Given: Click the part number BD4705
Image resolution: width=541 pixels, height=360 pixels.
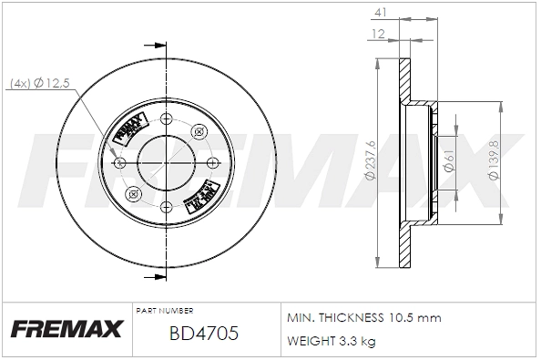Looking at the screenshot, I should [204, 334].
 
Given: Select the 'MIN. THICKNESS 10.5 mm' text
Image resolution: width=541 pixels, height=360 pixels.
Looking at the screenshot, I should [363, 317].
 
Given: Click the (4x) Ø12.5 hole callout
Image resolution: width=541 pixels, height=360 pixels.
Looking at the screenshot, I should [42, 84].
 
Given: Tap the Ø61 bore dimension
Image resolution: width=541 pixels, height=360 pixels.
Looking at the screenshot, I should [448, 162].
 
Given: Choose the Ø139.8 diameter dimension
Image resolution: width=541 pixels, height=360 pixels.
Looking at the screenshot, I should [493, 162].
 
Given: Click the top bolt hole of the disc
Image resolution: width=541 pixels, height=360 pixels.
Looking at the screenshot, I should [165, 118].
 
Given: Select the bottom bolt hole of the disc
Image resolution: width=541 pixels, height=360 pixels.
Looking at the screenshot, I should [165, 206].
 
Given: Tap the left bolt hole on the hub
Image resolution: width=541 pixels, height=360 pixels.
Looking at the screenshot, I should [121, 162].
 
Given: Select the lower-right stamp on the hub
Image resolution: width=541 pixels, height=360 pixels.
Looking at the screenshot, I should [201, 193].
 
